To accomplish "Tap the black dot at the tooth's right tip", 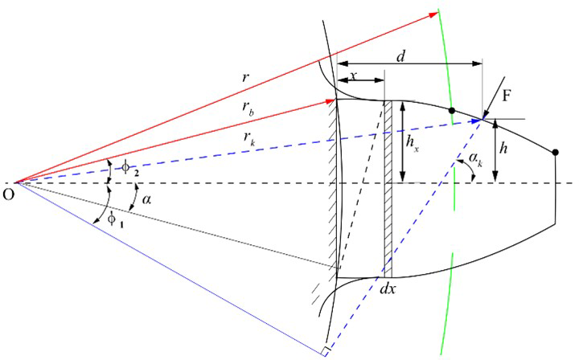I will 556,152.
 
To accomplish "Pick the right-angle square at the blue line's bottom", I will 323,350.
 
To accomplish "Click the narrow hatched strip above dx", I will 388,185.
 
